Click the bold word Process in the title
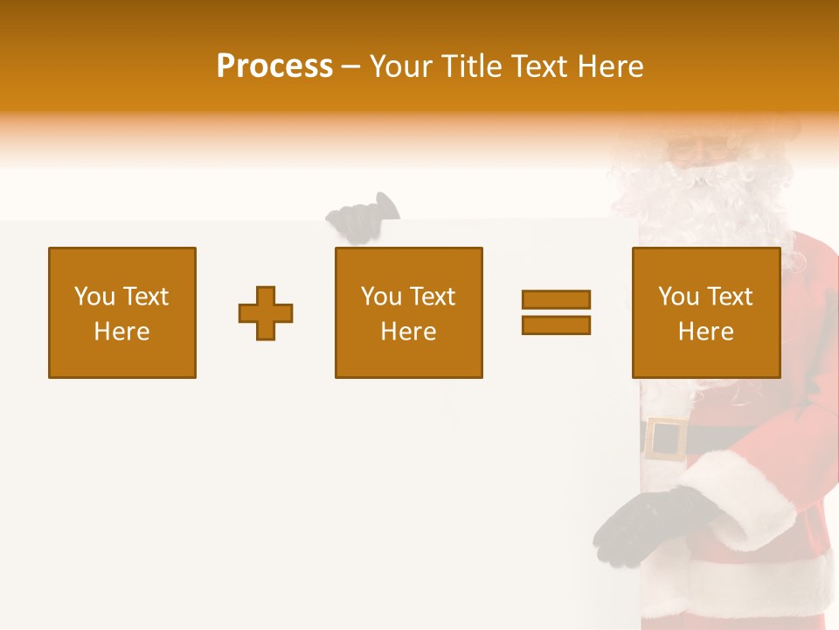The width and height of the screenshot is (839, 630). click(x=274, y=66)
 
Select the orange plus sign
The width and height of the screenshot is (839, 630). click(x=266, y=313)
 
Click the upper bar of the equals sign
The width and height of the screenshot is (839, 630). click(x=556, y=299)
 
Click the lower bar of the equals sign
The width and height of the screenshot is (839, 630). click(x=556, y=325)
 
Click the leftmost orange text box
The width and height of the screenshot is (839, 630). click(x=122, y=312)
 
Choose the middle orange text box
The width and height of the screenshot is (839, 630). click(x=408, y=312)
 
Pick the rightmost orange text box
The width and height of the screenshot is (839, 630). click(x=705, y=312)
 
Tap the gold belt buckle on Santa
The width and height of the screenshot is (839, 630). click(x=666, y=438)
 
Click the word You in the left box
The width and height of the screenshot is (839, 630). click(x=94, y=297)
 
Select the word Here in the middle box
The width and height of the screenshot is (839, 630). click(x=408, y=332)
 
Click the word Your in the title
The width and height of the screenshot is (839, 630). click(x=400, y=66)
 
